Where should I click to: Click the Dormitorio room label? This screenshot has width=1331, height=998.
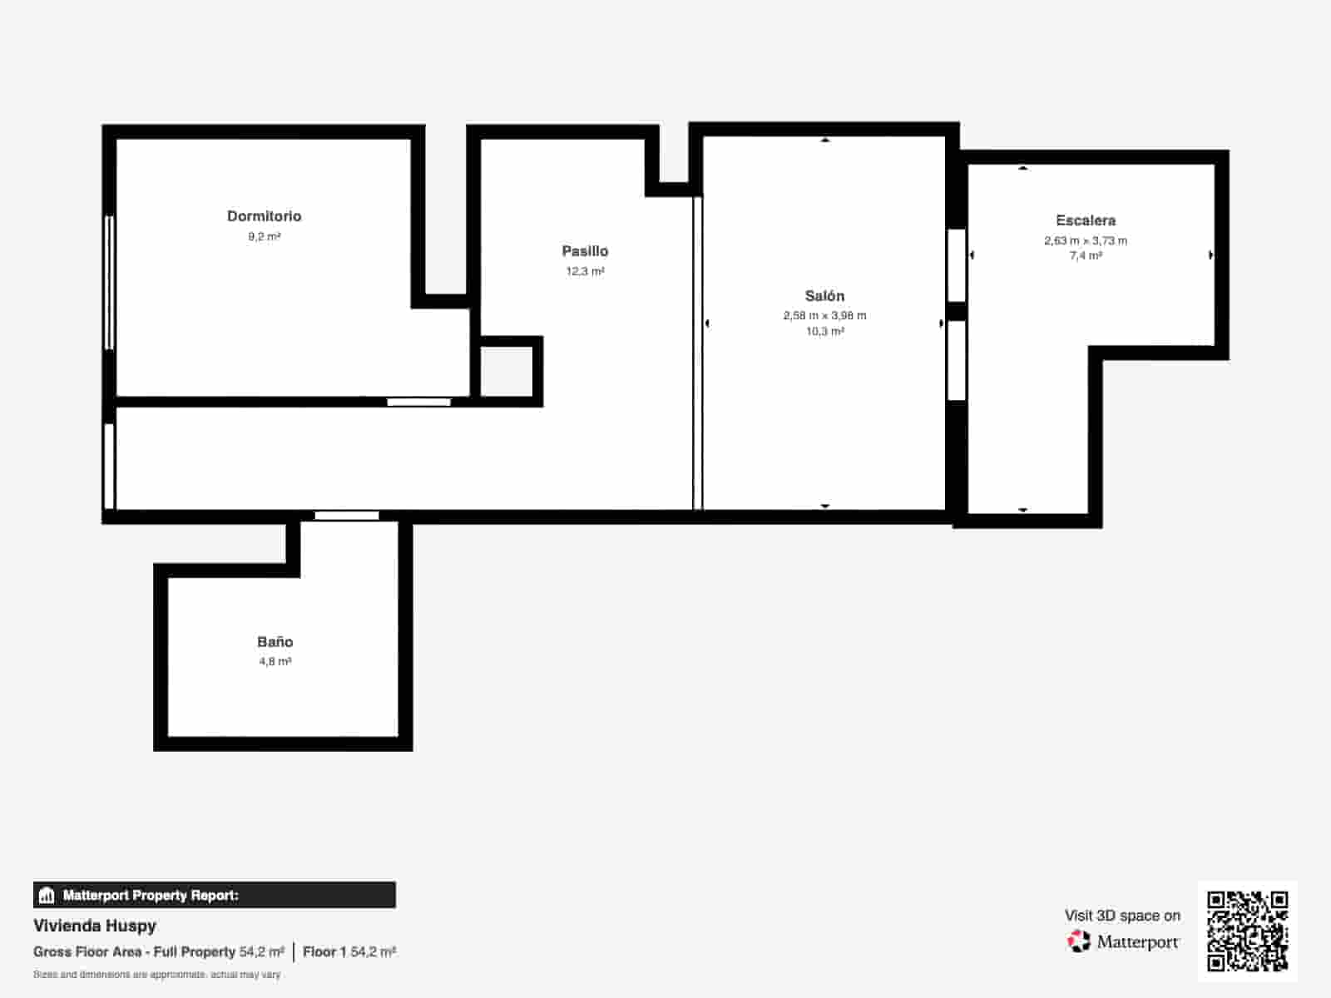[x=264, y=216]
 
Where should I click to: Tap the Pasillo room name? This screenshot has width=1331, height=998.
[x=585, y=251]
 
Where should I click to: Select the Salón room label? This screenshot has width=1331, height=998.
[x=824, y=296]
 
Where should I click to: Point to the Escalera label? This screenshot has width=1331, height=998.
[x=1086, y=220]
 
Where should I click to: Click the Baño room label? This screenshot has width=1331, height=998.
[x=275, y=642]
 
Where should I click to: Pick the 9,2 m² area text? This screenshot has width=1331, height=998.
[x=264, y=237]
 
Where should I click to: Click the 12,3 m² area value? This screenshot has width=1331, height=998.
[x=585, y=272]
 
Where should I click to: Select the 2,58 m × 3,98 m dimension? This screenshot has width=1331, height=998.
[x=824, y=316]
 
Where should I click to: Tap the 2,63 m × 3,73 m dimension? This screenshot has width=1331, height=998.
[x=1086, y=241]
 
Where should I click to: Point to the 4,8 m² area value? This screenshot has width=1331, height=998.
[x=275, y=662]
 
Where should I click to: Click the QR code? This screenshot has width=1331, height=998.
[x=1247, y=931]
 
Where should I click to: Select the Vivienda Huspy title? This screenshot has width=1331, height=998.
[x=95, y=926]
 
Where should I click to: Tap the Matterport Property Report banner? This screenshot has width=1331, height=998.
[x=214, y=895]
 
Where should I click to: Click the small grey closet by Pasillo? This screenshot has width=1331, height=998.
[x=507, y=372]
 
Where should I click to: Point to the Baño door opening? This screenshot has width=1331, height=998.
[x=347, y=516]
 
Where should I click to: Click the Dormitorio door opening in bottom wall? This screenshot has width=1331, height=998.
[x=418, y=403]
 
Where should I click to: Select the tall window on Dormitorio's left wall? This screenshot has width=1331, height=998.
[x=109, y=283]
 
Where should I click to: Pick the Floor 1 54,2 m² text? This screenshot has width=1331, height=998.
[x=349, y=951]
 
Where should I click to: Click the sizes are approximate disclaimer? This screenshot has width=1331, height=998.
[x=156, y=975]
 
